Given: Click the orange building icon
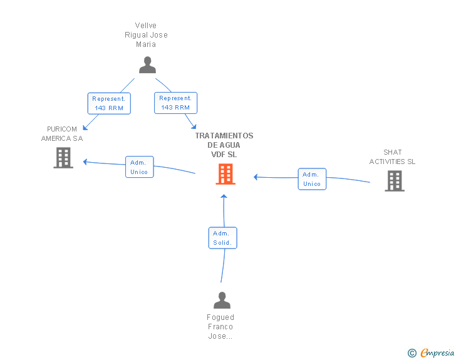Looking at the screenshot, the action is click(225, 174).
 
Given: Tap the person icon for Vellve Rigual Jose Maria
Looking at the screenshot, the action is click(147, 65).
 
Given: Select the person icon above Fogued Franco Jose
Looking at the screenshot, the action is click(222, 300).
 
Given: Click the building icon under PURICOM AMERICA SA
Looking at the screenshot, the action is click(63, 158).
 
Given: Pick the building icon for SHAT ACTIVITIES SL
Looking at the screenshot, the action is click(395, 180).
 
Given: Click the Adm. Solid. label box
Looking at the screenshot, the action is click(223, 238).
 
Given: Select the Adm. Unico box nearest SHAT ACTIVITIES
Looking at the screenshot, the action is click(312, 179).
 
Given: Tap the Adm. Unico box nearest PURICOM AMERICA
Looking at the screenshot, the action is click(140, 167).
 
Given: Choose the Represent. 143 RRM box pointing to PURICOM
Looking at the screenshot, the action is click(109, 103).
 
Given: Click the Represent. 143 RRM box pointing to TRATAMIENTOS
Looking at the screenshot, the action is click(175, 103).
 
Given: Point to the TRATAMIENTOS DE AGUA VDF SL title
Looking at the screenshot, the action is click(224, 145).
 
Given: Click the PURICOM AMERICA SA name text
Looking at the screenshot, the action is click(62, 133).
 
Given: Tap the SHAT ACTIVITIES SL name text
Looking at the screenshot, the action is click(392, 157).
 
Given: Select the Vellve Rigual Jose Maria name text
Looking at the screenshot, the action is click(146, 35).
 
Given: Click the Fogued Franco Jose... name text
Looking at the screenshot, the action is click(220, 327).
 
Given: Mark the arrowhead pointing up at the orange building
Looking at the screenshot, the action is click(224, 197).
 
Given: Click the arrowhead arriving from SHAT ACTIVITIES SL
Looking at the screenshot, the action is click(256, 177).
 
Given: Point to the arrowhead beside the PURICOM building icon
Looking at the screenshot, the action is click(85, 162).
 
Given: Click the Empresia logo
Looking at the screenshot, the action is click(437, 352).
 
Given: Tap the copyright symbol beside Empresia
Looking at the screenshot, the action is click(412, 353).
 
